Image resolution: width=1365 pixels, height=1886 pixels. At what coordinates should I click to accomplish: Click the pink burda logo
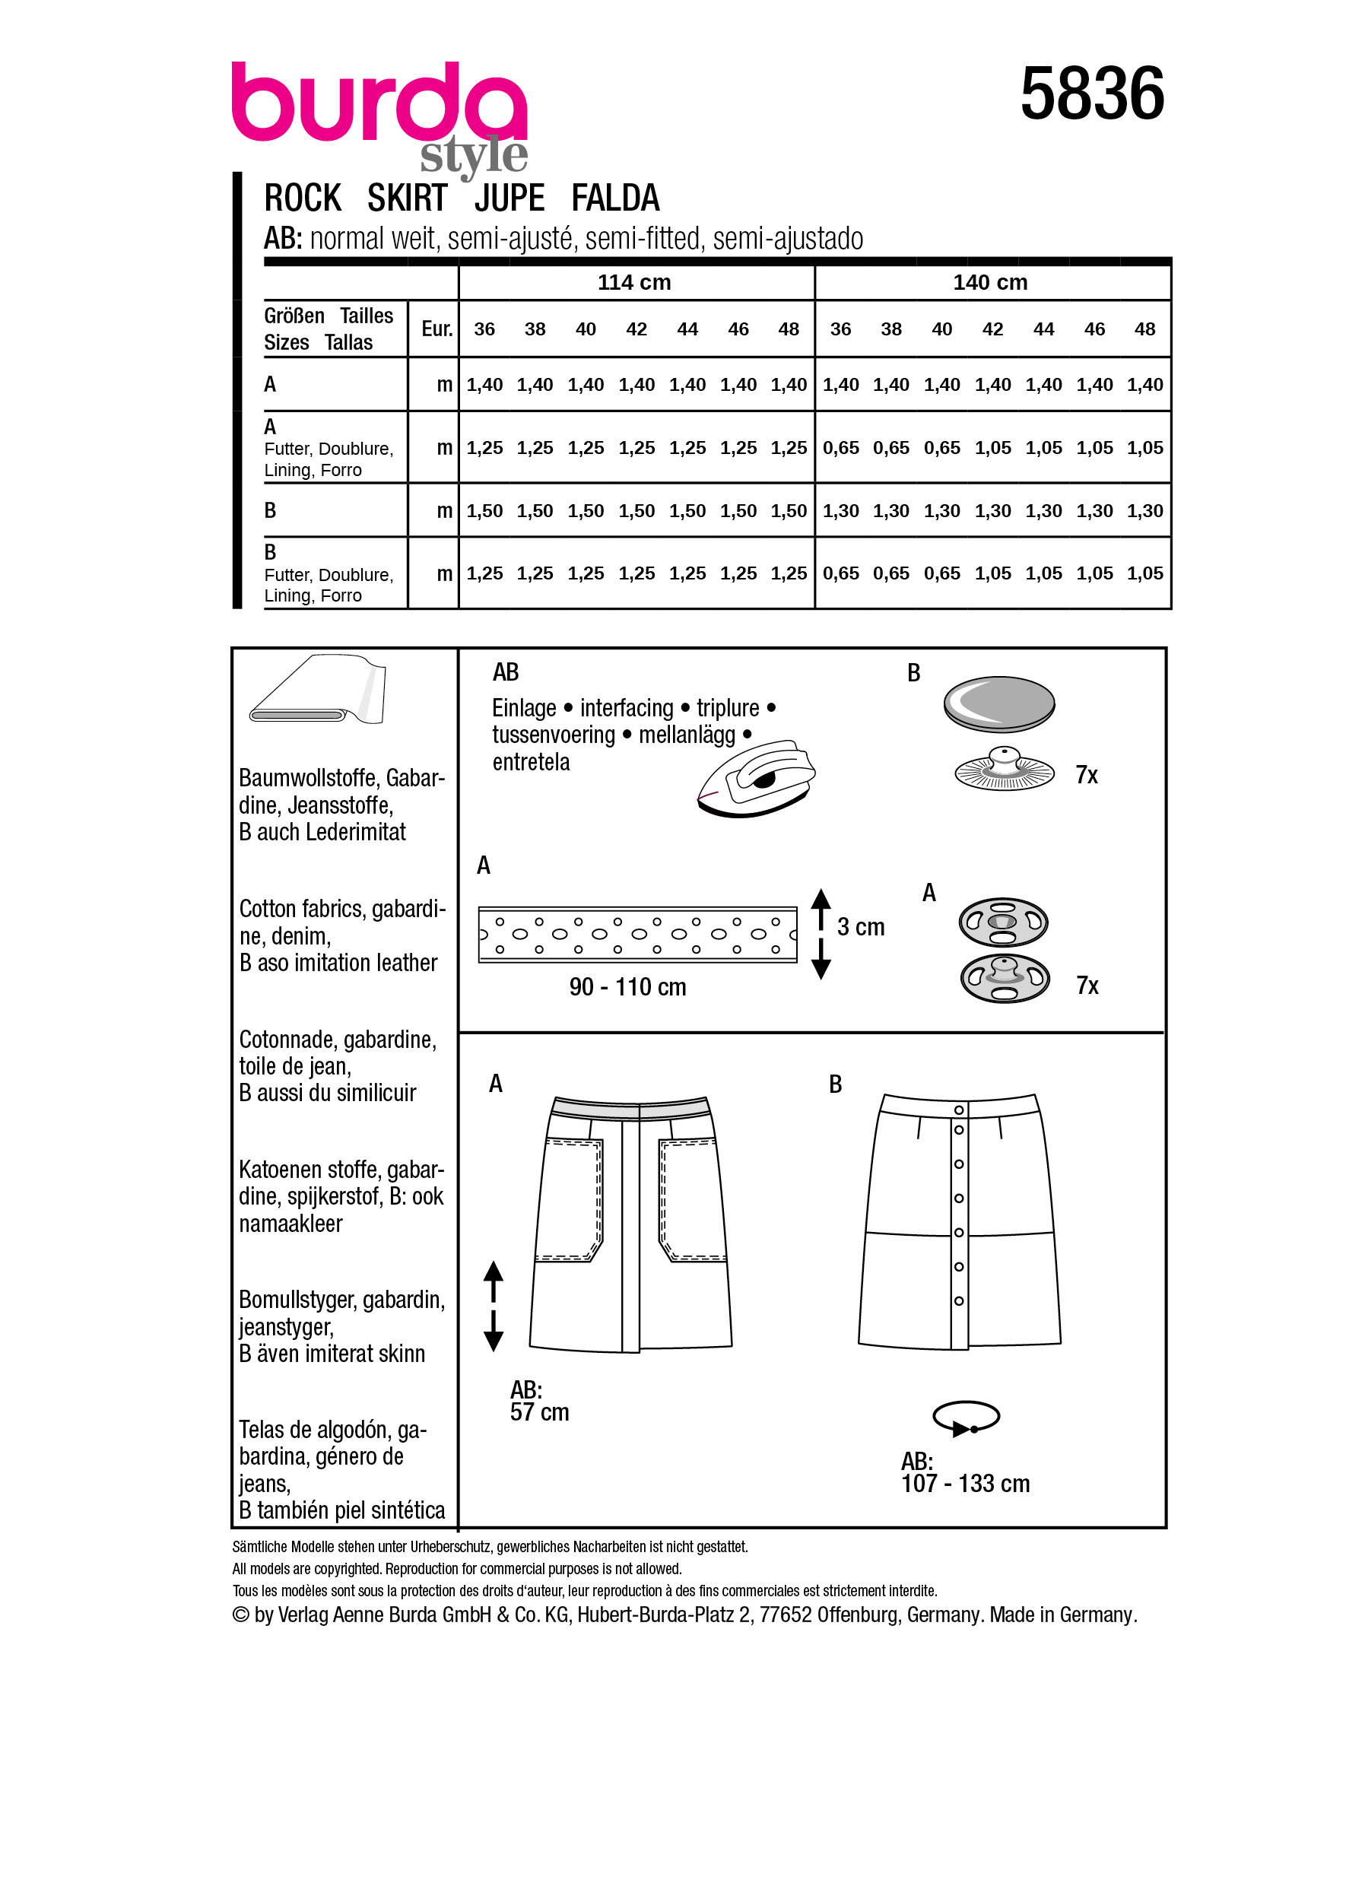378,104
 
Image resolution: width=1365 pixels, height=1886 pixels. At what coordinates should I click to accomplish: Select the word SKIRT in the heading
407,198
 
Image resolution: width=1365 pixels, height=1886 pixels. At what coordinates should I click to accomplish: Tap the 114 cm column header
633,283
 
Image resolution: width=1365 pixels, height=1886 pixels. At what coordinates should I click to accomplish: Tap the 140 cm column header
989,283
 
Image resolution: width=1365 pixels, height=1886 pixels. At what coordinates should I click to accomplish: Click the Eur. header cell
436,329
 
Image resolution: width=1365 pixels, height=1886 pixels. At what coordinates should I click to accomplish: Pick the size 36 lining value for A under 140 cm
840,448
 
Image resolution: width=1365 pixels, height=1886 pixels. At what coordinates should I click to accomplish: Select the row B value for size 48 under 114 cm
788,511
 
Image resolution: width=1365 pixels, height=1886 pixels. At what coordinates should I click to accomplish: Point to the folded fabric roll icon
318,691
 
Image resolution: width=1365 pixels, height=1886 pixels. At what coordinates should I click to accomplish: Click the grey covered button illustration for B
998,703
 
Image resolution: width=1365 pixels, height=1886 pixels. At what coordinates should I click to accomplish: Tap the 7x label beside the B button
1086,776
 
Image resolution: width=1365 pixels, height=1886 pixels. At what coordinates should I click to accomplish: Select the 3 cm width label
860,927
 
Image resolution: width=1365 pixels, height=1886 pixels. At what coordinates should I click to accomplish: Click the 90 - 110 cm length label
627,987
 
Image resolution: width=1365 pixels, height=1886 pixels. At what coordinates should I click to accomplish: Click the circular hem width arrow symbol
966,1417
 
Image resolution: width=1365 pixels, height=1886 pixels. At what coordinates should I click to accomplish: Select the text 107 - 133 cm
965,1484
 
